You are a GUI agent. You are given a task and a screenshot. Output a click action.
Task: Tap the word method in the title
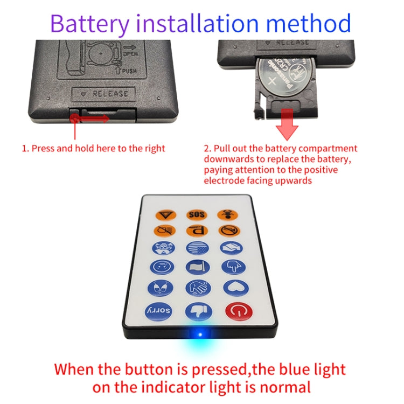(x=308, y=23)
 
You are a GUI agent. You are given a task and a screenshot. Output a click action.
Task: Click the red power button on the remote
(x=239, y=311)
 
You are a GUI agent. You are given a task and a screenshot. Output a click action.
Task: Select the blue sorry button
(x=158, y=311)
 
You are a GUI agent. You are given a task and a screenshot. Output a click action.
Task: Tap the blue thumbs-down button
(x=199, y=311)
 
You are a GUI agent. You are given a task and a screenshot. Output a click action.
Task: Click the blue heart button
(x=236, y=288)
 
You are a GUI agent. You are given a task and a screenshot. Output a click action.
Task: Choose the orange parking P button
(x=197, y=231)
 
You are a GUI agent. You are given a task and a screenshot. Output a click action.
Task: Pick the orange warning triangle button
(x=166, y=215)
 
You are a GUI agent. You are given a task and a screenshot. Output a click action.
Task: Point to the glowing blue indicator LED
(x=200, y=335)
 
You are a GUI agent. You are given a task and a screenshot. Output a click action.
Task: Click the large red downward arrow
(x=287, y=124)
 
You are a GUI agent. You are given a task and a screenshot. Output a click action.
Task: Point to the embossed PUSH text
(x=129, y=71)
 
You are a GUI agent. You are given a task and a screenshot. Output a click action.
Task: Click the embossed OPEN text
(x=131, y=54)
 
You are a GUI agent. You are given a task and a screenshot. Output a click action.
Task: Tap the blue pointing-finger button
(x=233, y=267)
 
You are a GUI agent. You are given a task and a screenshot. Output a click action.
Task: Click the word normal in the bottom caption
(x=285, y=387)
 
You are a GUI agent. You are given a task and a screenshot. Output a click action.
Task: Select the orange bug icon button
(x=227, y=215)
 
